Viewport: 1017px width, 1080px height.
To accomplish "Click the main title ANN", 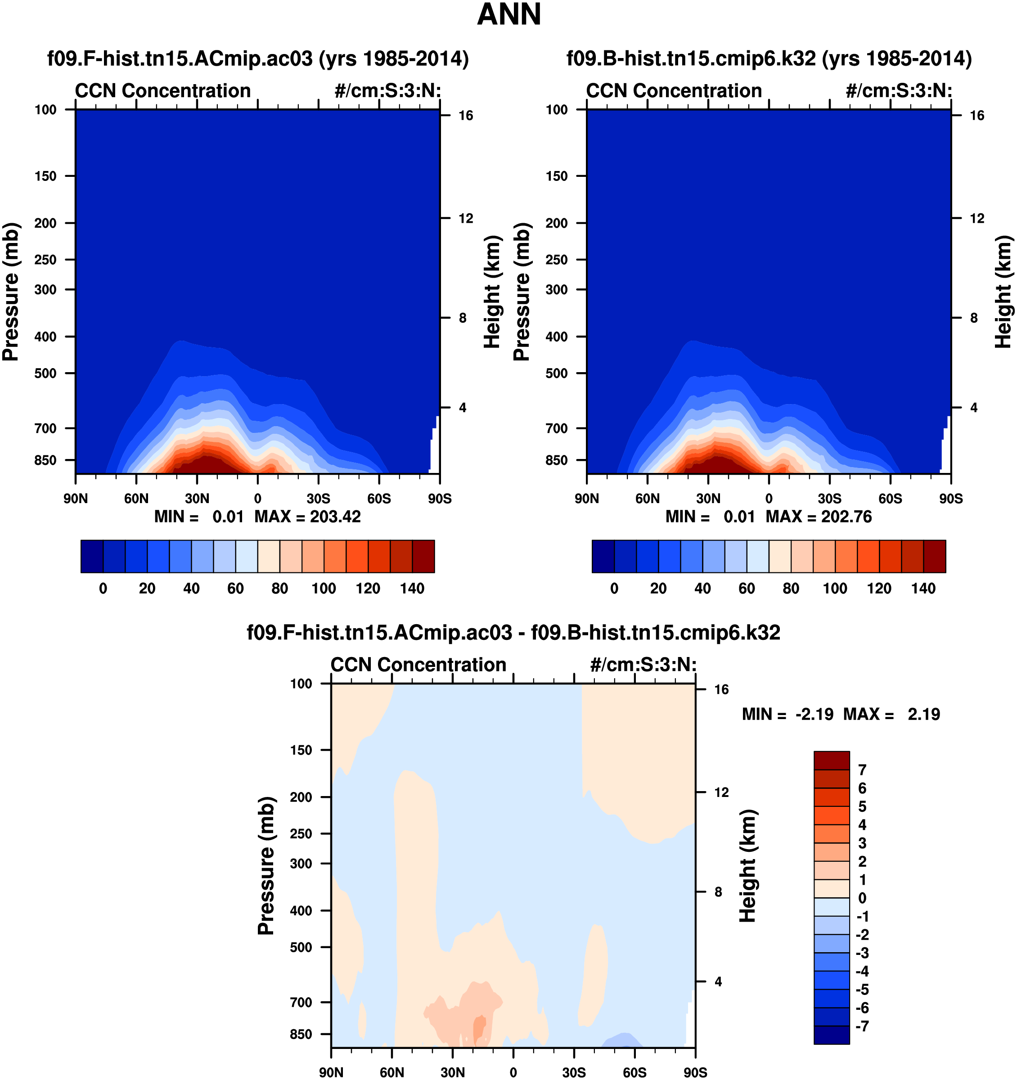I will pos(508,15).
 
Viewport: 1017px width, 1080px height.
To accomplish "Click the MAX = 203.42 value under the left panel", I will pos(307,516).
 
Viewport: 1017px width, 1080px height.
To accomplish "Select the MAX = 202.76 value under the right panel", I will pos(819,516).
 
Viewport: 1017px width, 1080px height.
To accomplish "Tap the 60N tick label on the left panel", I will pos(136,498).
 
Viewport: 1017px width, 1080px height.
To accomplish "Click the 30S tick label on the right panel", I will pos(829,498).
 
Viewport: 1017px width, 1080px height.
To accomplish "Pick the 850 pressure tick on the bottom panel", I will pos(301,1034).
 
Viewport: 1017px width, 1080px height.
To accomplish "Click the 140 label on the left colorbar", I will pos(412,588).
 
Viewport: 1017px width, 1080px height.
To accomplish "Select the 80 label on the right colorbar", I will pos(791,588).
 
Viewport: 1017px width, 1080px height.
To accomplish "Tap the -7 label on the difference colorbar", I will pos(862,1026).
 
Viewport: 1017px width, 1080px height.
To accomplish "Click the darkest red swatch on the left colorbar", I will pos(423,556).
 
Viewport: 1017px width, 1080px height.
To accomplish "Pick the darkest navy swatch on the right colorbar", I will pos(603,556).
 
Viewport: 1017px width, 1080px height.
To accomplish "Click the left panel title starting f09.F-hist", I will pos(258,58).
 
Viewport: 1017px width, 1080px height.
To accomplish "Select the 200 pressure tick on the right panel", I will pos(556,223).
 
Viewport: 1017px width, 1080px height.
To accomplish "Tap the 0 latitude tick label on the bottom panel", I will pos(513,1072).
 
